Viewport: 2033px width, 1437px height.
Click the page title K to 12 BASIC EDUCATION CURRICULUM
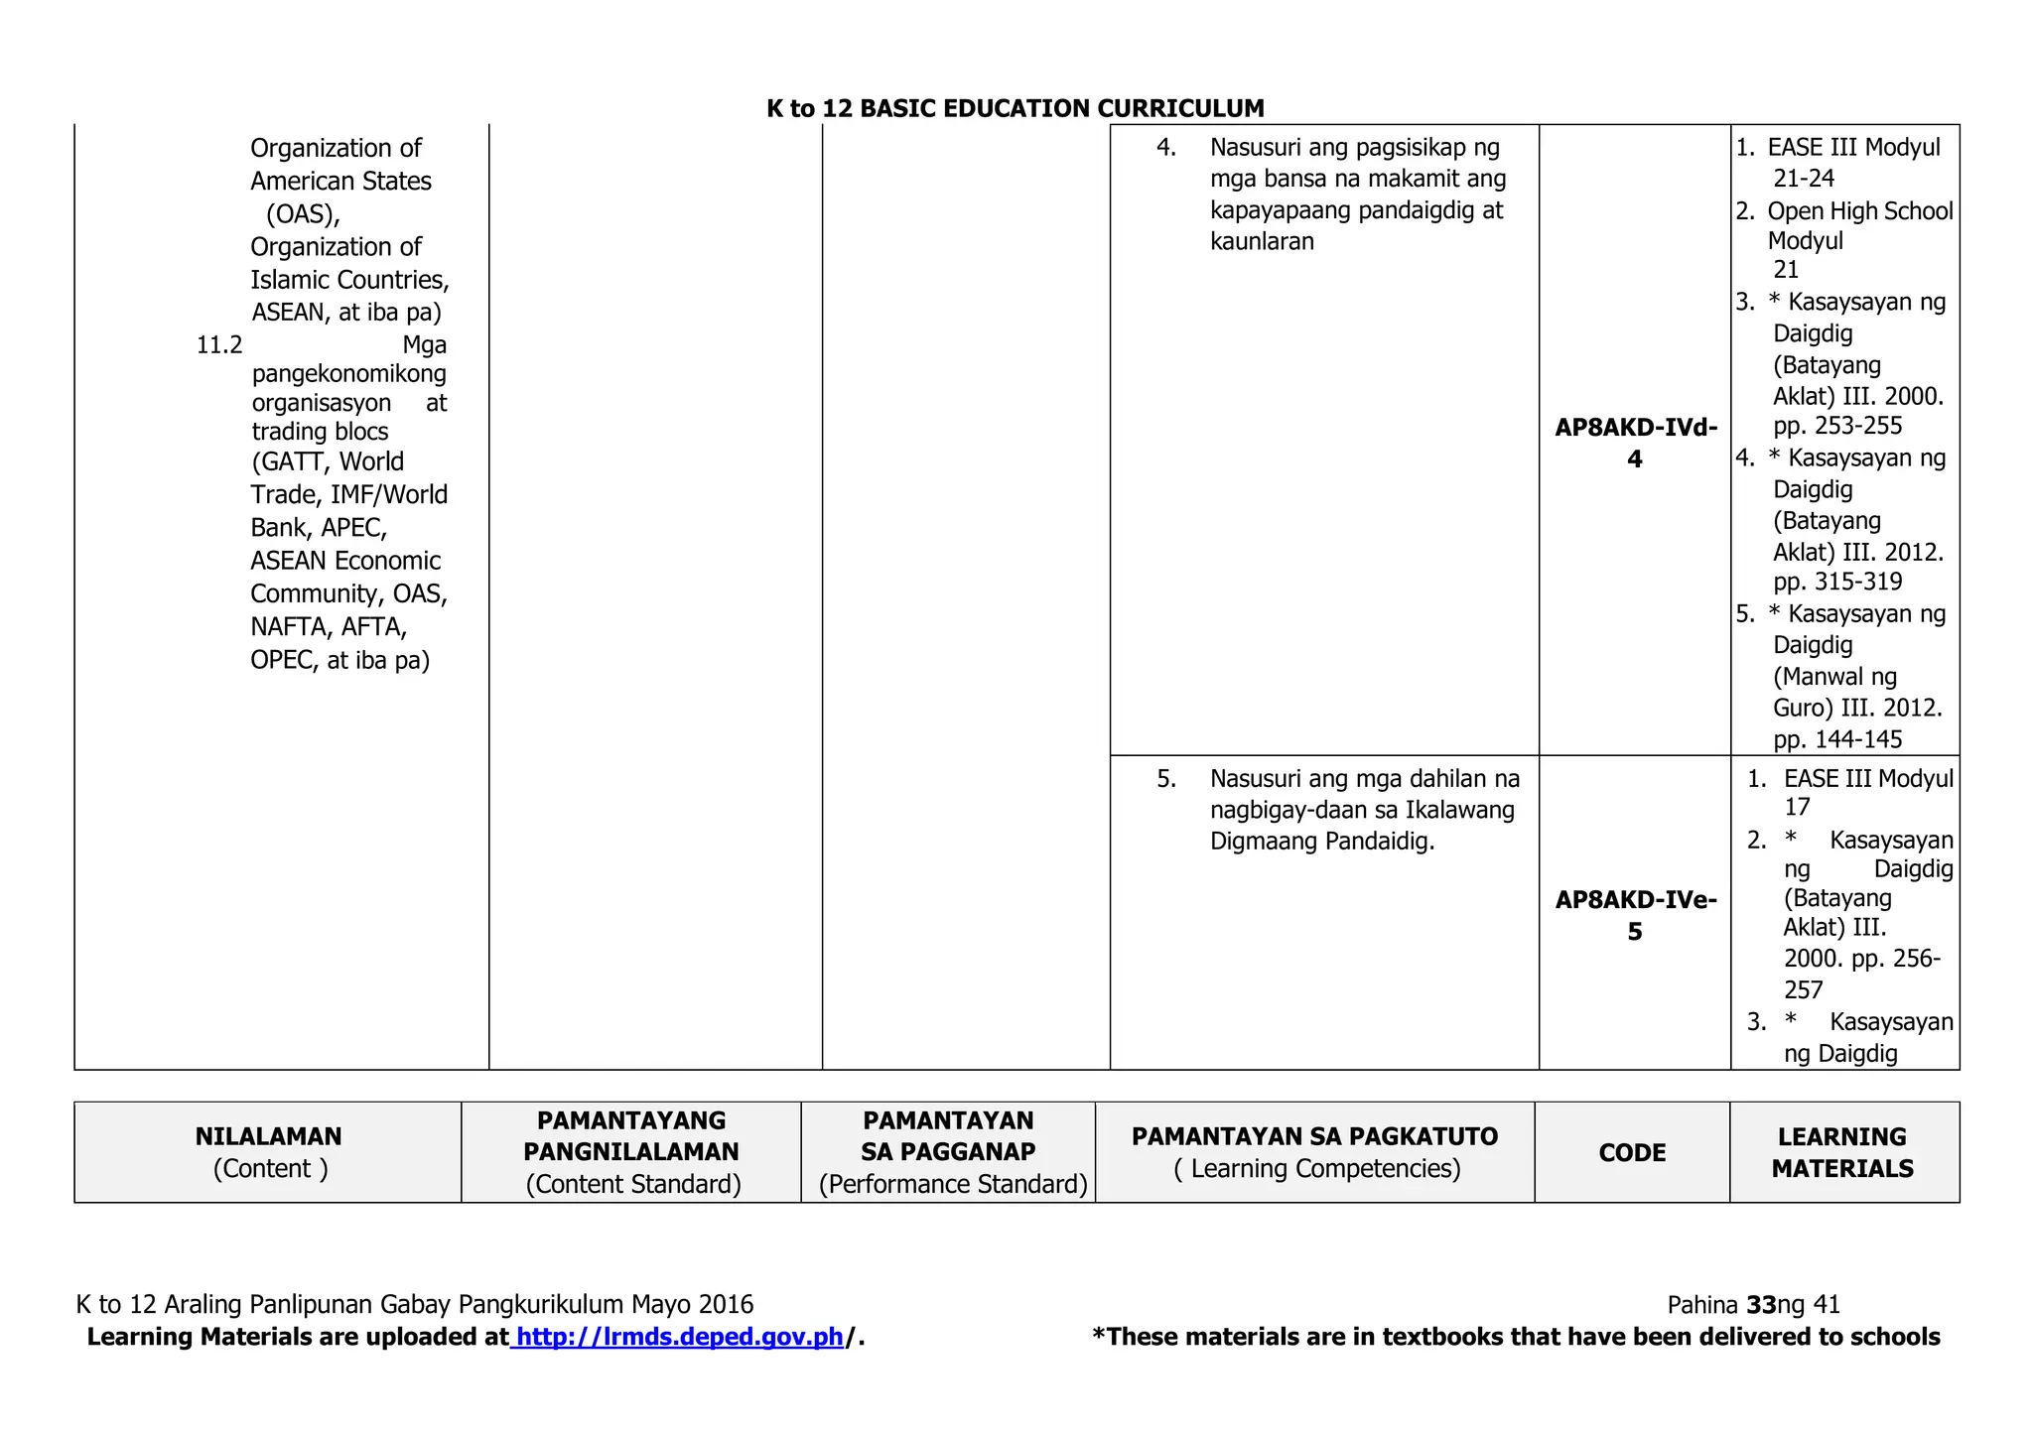(x=1015, y=108)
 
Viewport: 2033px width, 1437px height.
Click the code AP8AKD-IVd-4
(x=1635, y=443)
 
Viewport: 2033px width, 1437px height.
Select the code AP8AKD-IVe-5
(x=1635, y=915)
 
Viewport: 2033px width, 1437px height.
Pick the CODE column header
(x=1632, y=1153)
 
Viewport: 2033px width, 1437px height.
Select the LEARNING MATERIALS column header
(x=1842, y=1152)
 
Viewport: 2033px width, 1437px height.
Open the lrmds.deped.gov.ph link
(x=680, y=1337)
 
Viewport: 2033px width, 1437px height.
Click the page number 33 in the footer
(x=1761, y=1304)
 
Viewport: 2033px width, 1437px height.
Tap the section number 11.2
(x=219, y=345)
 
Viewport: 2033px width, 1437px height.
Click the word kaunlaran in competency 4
(x=1262, y=241)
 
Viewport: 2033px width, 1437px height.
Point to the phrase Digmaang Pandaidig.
(x=1322, y=842)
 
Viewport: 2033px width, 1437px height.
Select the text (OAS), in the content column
(x=303, y=213)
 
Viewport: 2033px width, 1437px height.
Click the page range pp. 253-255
(x=1837, y=426)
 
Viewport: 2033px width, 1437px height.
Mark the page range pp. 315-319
(x=1837, y=582)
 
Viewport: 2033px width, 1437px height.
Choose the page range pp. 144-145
(x=1837, y=739)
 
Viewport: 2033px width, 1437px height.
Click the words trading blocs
(x=320, y=432)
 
